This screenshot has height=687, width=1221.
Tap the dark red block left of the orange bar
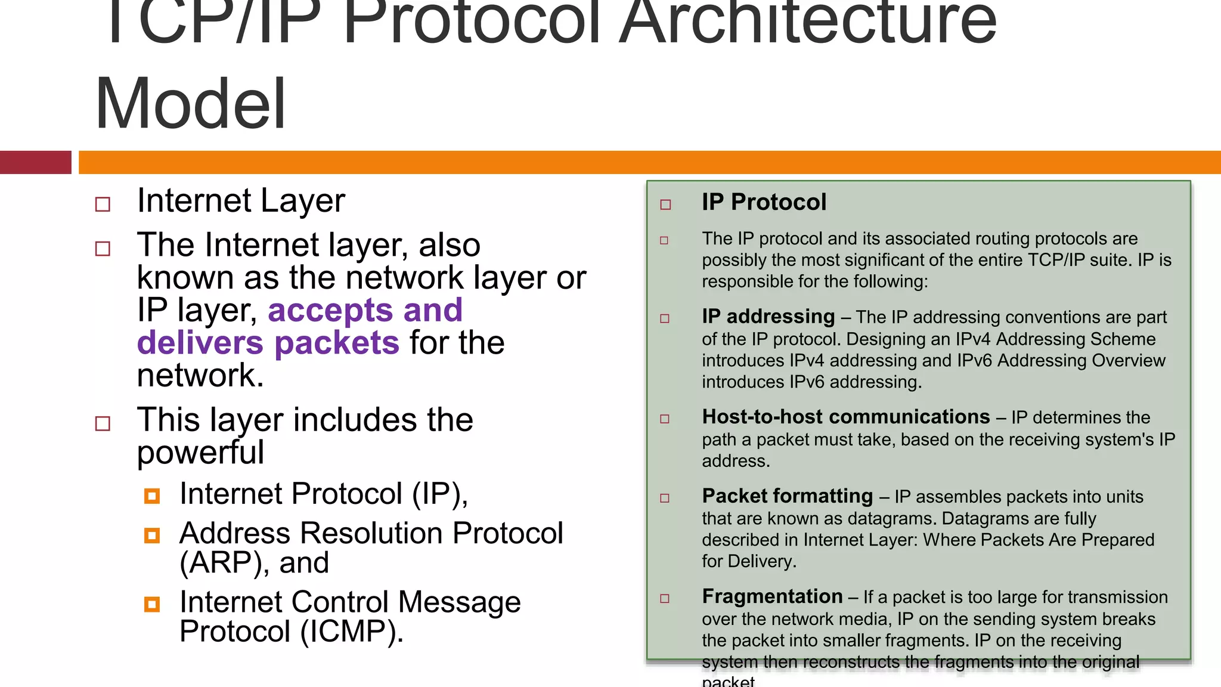(x=35, y=162)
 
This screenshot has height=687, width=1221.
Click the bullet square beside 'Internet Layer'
(x=103, y=205)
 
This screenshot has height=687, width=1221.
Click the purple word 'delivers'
(x=200, y=343)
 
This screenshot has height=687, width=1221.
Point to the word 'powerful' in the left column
(x=200, y=453)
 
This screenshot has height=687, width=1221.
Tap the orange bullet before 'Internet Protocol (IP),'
(x=152, y=496)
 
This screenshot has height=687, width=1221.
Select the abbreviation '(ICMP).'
(x=352, y=632)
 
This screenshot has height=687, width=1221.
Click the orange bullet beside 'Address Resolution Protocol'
(x=152, y=536)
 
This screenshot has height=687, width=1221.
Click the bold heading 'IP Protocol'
(x=764, y=202)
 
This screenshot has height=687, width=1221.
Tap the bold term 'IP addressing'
(x=768, y=317)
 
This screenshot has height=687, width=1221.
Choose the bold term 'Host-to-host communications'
(x=845, y=417)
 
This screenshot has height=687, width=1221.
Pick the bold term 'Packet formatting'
(x=787, y=496)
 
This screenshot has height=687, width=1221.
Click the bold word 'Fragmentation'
(x=772, y=596)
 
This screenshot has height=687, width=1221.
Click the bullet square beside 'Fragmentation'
(x=665, y=598)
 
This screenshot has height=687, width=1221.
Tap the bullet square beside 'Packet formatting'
(x=665, y=498)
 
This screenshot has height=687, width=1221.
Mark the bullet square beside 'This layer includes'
(x=103, y=424)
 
